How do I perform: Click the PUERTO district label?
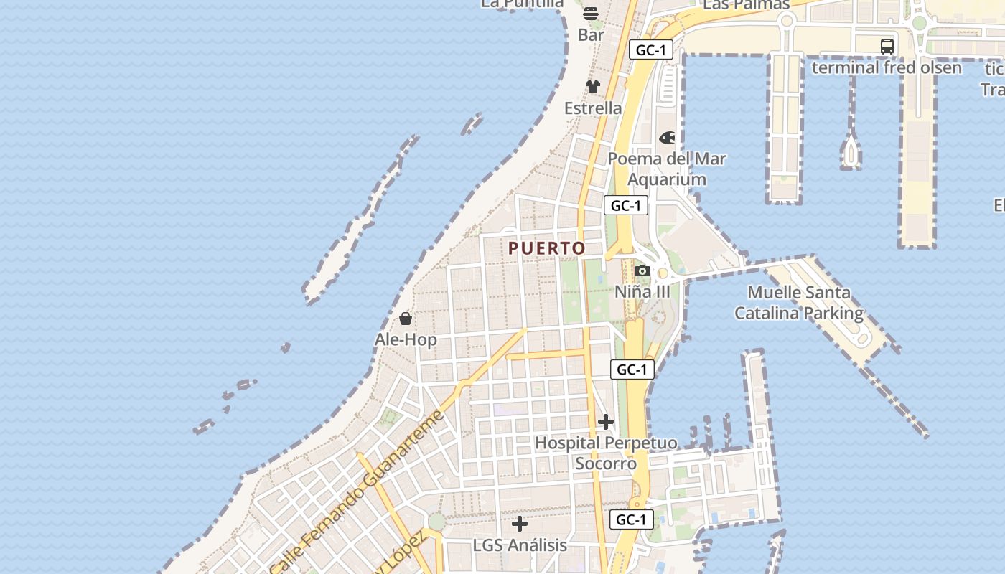tap(547, 248)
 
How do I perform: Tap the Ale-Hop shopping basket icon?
tap(406, 319)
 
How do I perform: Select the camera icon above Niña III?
tap(642, 271)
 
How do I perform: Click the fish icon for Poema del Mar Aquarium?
tap(667, 137)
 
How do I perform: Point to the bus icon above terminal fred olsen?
tap(887, 47)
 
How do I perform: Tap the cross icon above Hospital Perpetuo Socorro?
tap(606, 422)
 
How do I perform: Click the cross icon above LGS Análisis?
tap(520, 524)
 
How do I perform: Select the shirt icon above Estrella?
tap(593, 87)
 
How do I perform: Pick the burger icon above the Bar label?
tap(591, 14)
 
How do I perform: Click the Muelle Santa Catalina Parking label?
tap(799, 303)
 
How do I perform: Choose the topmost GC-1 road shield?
tap(651, 50)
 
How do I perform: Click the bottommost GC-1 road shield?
tap(632, 519)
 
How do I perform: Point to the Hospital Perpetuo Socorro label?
tap(606, 453)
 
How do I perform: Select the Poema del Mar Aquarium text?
tap(667, 169)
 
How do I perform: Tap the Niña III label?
tap(642, 292)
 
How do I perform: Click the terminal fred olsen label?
tap(887, 67)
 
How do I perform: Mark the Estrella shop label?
tap(593, 108)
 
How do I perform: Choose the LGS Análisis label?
tap(520, 545)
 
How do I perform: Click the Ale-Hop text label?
tap(406, 339)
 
